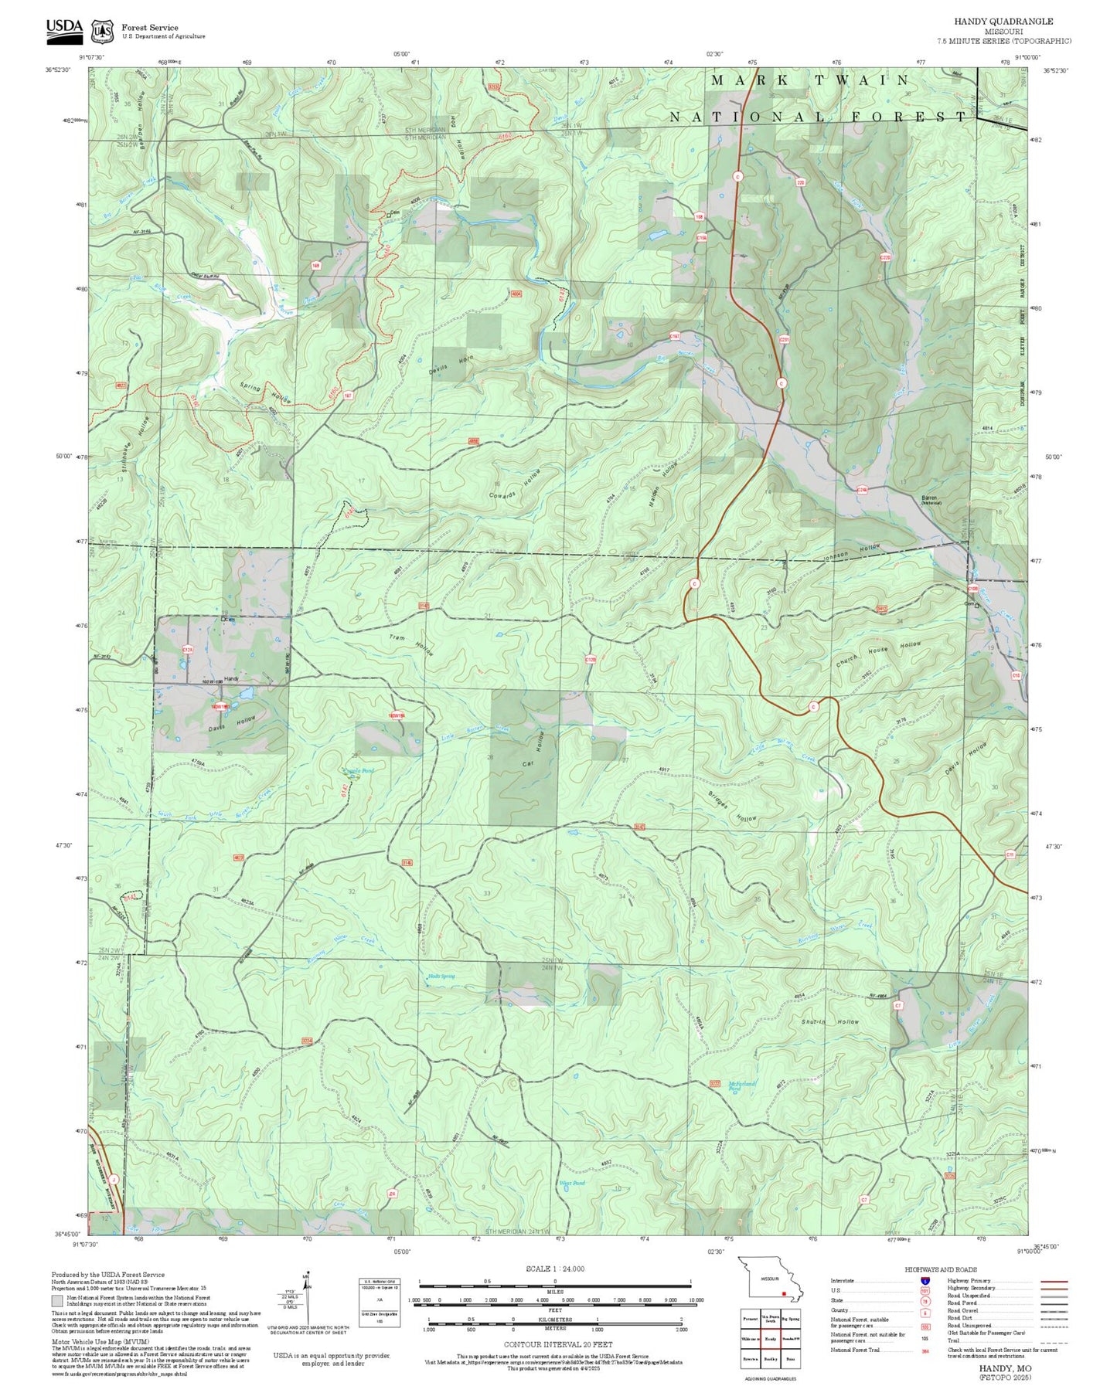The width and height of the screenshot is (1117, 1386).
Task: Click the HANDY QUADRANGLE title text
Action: click(x=1003, y=22)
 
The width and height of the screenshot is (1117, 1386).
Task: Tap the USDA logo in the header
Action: click(x=64, y=28)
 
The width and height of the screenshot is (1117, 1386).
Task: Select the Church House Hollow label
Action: click(x=878, y=654)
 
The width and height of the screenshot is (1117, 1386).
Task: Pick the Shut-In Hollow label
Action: click(x=829, y=1021)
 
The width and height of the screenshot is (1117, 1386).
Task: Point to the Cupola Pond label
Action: click(x=359, y=770)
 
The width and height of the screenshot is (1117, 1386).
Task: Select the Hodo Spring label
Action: click(x=441, y=976)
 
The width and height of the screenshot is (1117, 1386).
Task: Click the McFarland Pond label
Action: click(x=741, y=1085)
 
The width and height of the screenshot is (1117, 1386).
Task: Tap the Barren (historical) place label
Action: click(x=931, y=500)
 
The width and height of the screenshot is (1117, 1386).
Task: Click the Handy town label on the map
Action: click(x=230, y=678)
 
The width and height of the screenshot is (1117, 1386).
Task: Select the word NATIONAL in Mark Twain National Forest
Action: click(x=746, y=117)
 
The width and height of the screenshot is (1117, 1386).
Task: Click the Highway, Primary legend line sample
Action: click(x=1054, y=1281)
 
